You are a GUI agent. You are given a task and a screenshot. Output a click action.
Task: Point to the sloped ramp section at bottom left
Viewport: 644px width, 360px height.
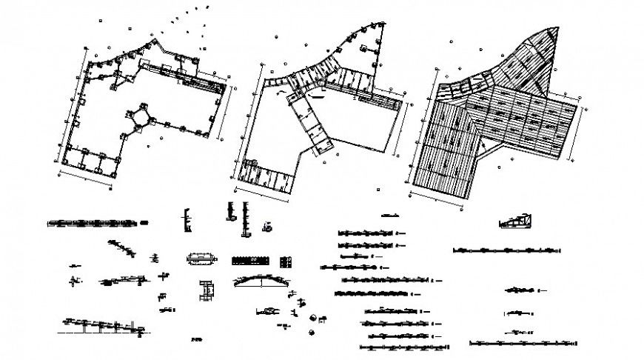[x=100, y=324]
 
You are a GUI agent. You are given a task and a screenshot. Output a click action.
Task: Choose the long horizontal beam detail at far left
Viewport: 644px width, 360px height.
[x=93, y=221]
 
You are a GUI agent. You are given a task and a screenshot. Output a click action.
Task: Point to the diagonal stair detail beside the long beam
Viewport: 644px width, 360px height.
[x=123, y=248]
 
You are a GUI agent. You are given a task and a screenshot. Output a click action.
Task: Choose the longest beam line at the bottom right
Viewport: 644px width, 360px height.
[x=522, y=343]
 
